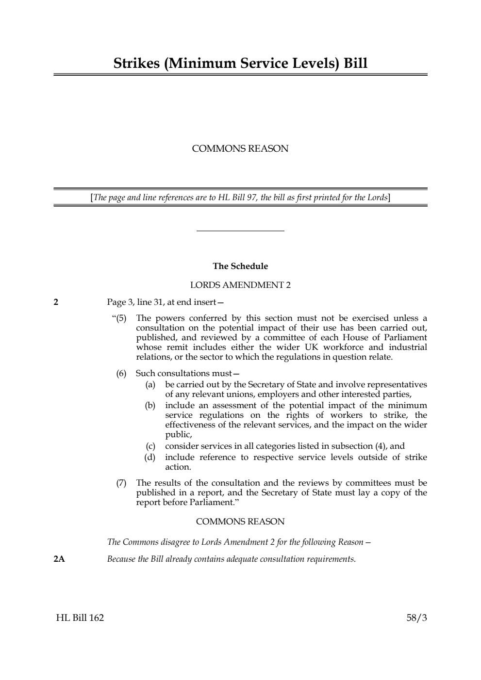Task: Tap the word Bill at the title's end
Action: tap(355, 63)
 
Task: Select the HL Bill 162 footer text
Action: tap(80, 617)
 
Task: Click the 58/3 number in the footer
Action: tap(416, 617)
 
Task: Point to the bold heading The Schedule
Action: tap(240, 266)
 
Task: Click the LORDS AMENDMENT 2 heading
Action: tap(240, 285)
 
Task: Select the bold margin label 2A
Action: tap(59, 559)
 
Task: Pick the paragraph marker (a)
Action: tap(150, 384)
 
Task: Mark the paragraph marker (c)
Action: tap(150, 446)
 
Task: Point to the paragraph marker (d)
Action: tap(150, 457)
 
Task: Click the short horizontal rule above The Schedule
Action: tap(240, 231)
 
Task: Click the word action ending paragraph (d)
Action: tap(178, 467)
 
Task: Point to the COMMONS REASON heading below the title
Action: tap(240, 149)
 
